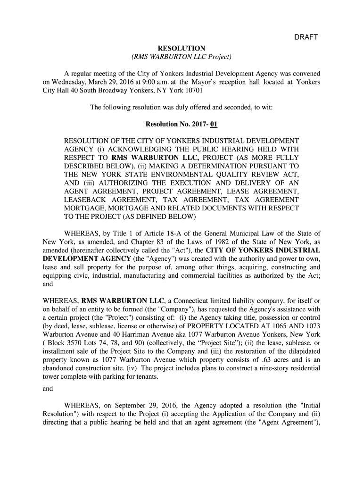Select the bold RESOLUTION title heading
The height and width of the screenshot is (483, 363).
coord(181,48)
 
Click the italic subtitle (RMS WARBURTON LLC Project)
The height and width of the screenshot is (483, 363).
coord(181,57)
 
